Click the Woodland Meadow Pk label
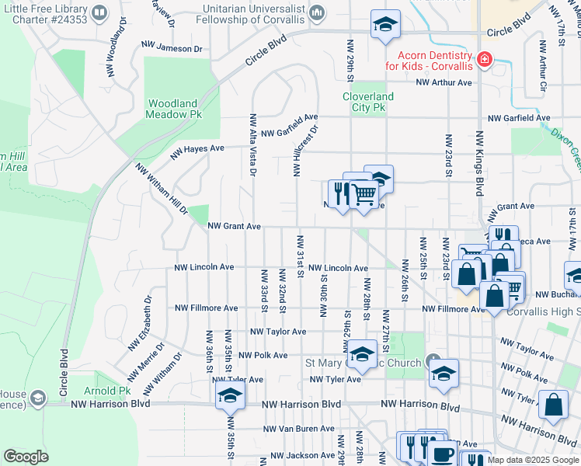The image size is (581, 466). pos(173,108)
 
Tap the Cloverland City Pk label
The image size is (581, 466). pos(368,102)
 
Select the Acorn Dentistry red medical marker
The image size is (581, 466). pos(485,59)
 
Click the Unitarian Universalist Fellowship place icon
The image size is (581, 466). pos(317,13)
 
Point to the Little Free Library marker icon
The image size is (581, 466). pos(100,13)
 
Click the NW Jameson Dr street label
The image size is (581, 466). pos(172,48)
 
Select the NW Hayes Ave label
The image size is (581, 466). pos(197,148)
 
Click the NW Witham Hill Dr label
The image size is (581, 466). pos(162,189)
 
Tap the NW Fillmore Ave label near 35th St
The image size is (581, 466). pos(206,308)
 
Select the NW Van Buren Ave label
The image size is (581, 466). pos(298,429)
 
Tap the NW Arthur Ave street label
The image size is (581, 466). pos(444,82)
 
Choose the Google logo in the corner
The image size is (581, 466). pos(26,456)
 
